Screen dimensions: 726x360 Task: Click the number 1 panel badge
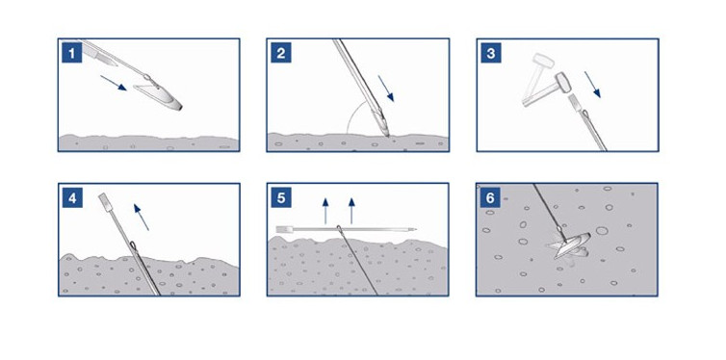[72, 53]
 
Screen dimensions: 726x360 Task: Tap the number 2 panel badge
[281, 53]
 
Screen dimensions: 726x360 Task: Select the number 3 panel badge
[491, 53]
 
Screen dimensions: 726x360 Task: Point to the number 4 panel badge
[72, 198]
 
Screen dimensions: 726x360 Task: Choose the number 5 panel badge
[281, 198]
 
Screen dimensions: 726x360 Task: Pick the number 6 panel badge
[490, 198]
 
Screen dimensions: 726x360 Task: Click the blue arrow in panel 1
[114, 84]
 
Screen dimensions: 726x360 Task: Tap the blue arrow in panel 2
[386, 89]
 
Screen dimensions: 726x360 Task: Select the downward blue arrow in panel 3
[592, 84]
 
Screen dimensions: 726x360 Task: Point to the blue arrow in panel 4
[142, 217]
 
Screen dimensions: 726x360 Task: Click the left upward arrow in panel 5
[325, 211]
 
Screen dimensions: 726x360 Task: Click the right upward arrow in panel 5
[351, 211]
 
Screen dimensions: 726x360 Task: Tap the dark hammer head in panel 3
[562, 83]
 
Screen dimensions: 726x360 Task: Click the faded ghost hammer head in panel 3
[543, 61]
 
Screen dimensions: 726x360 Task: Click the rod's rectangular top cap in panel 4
[105, 202]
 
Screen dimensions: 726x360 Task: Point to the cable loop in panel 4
[133, 245]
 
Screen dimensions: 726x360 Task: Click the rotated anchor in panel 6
[569, 245]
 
